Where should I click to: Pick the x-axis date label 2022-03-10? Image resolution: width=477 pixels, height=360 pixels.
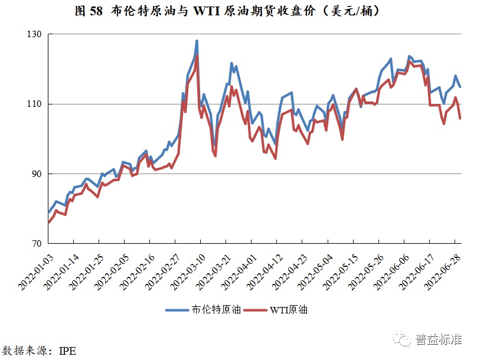[x=186, y=269]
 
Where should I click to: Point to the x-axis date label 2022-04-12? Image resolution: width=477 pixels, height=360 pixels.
[x=262, y=269]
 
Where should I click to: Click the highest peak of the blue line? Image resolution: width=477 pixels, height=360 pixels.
[x=197, y=41]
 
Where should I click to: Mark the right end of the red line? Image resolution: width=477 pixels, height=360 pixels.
[x=460, y=119]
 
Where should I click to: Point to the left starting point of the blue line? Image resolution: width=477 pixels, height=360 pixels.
[x=48, y=212]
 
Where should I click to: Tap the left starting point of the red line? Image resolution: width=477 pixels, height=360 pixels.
[x=48, y=222]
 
